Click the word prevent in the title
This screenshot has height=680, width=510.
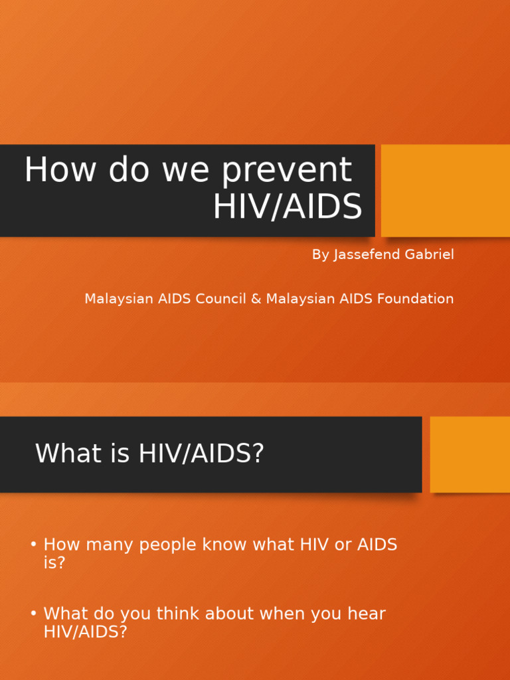coord(287,171)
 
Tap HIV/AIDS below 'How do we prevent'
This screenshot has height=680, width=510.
coord(288,207)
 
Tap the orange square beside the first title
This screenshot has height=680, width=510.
coord(446,191)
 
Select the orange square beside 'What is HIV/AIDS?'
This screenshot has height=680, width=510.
coord(470,454)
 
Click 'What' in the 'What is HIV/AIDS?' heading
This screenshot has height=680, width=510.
coord(60,454)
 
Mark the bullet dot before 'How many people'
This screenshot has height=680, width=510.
coord(33,545)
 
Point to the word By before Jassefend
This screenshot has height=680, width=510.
coord(319,255)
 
